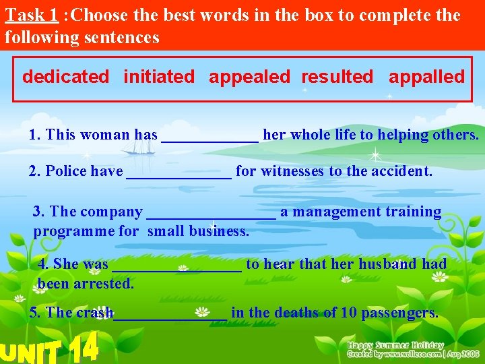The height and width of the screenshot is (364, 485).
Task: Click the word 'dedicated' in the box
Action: click(x=65, y=77)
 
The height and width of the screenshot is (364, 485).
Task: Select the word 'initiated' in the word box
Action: click(x=159, y=77)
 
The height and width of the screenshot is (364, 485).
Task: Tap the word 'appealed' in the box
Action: click(x=249, y=77)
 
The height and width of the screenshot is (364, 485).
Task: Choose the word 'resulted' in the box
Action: click(x=337, y=77)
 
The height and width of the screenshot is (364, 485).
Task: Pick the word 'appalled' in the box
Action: click(x=426, y=77)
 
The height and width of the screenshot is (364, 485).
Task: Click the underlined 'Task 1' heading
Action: click(x=31, y=16)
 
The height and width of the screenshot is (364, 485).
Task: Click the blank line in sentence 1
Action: click(x=209, y=138)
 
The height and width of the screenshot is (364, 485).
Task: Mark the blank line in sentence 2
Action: click(x=179, y=174)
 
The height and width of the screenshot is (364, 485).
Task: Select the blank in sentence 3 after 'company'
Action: click(x=211, y=214)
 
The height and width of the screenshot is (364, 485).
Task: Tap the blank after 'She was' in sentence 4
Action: click(x=176, y=267)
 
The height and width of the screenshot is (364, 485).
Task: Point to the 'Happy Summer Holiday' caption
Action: click(x=395, y=345)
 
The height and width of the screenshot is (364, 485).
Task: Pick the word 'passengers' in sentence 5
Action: click(x=399, y=313)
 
